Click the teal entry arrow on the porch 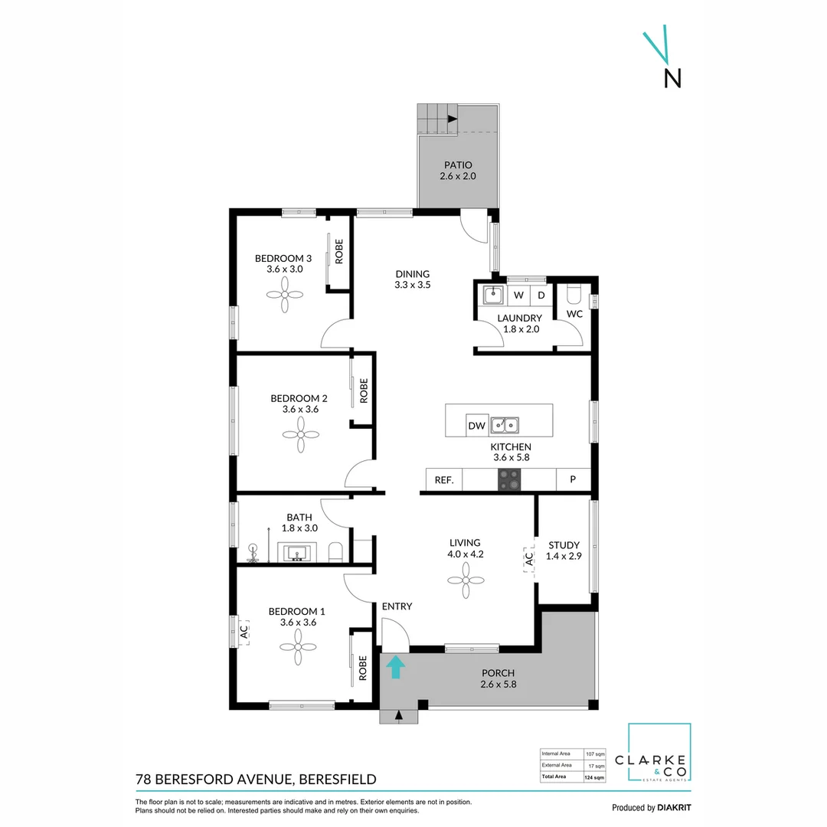click(395, 667)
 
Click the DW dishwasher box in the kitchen click(476, 426)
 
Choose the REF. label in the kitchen click(444, 480)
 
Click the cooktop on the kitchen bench click(509, 480)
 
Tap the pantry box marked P click(573, 480)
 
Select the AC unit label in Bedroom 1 click(244, 633)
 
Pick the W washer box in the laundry click(518, 295)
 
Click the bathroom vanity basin click(296, 553)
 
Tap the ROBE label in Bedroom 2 click(364, 391)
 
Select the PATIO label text click(457, 165)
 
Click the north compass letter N click(672, 78)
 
